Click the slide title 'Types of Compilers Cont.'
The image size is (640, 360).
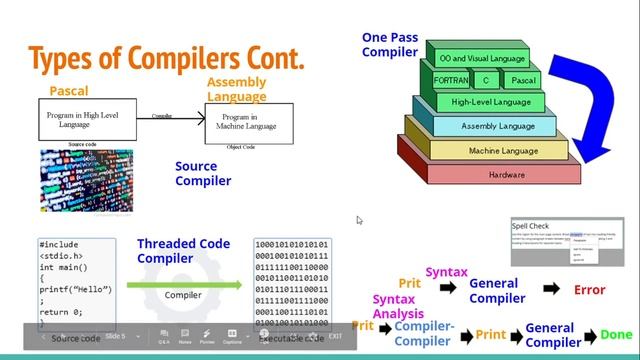coord(166,59)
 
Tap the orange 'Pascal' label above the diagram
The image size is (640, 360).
coord(68,92)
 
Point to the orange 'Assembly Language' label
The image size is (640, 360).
coord(236,89)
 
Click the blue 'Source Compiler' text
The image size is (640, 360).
coord(203,174)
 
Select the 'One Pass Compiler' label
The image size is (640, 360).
coord(390,44)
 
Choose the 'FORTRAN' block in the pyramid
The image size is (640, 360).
coord(453,79)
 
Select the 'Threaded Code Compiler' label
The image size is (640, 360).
coord(183,251)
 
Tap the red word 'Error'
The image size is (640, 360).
coord(590,290)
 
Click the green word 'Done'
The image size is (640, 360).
coord(617,335)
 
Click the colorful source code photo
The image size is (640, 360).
coord(86,181)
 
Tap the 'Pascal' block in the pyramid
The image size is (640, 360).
coord(523,79)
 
